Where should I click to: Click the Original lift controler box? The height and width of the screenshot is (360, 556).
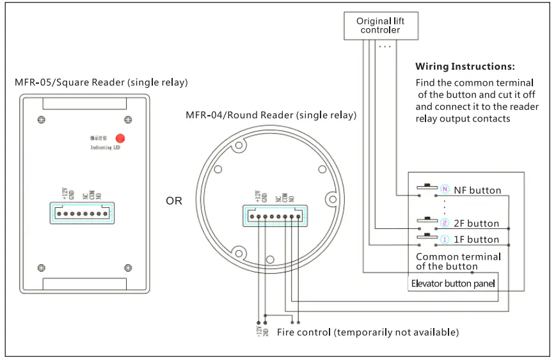point(380,25)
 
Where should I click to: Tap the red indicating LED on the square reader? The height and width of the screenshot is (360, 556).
point(120,137)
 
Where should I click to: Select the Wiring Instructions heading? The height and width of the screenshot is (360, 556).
point(465,67)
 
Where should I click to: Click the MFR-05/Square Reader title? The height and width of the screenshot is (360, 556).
point(101,82)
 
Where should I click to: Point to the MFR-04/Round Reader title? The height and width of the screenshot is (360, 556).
point(271,115)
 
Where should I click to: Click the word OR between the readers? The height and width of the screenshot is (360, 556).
point(174,201)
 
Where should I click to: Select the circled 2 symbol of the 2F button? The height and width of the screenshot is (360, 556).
point(445,223)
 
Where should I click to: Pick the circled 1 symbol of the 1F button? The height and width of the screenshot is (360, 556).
point(445,239)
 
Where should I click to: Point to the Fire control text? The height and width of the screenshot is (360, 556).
point(367,333)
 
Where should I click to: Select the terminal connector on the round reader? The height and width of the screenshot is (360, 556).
point(274,215)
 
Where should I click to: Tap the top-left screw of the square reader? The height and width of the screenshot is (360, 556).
point(42,120)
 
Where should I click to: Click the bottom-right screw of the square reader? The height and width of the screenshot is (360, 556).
point(128,267)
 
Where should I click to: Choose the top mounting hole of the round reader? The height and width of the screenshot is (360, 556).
point(239,146)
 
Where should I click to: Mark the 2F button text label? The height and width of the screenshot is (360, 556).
point(476,224)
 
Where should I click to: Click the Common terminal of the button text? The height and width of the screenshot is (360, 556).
point(458,261)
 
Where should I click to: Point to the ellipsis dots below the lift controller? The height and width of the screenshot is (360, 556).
point(385,46)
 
